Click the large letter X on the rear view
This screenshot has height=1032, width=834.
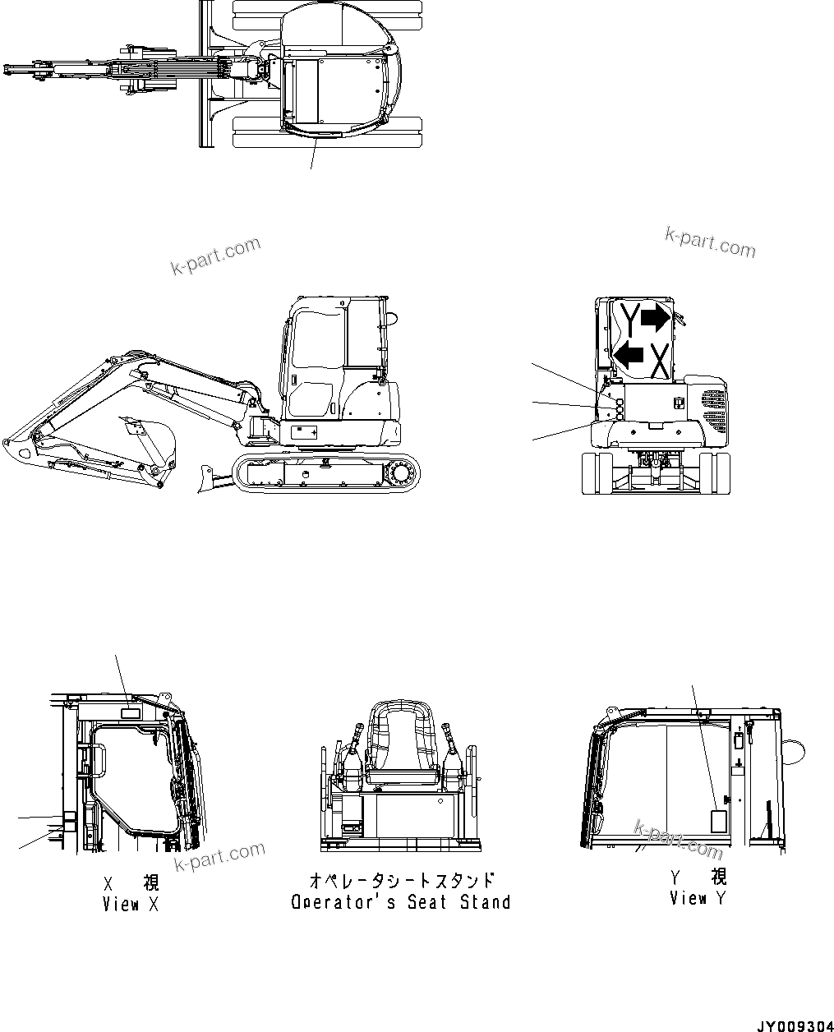pos(658,359)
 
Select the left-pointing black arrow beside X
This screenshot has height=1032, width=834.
pos(629,356)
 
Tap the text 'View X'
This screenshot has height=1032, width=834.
pos(131,904)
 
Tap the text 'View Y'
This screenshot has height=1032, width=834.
pos(698,898)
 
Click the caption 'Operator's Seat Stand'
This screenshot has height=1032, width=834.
pos(401,902)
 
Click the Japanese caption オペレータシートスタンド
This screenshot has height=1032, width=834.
pos(401,880)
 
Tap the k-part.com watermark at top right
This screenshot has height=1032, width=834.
pos(710,242)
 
